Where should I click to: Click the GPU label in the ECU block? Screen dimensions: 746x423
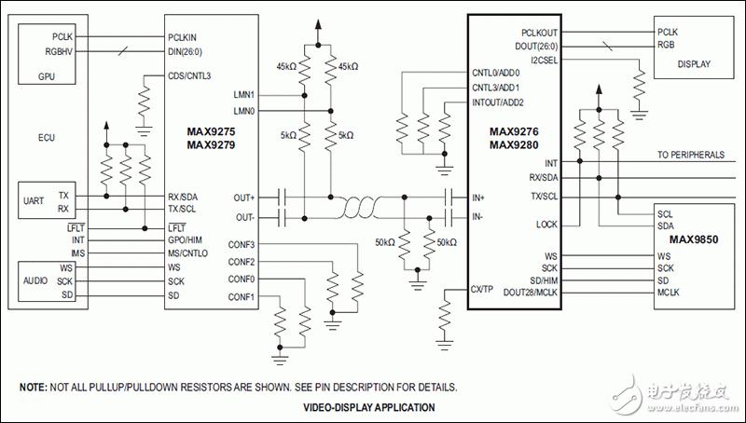click(x=46, y=76)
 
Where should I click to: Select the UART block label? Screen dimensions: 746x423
click(x=34, y=200)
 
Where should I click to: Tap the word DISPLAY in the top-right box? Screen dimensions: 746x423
click(x=694, y=63)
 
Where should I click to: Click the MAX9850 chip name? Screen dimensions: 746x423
click(x=694, y=239)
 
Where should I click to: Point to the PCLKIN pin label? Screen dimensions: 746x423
click(x=182, y=37)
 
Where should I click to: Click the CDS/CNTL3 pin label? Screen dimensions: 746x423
click(x=189, y=76)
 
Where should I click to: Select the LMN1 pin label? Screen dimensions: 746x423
click(x=244, y=95)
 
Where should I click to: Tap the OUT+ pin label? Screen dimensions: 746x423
click(x=244, y=198)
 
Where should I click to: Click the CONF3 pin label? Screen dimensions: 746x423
click(x=242, y=245)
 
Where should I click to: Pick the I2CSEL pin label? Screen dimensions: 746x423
click(x=544, y=61)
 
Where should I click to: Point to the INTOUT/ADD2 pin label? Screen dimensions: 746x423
click(x=498, y=102)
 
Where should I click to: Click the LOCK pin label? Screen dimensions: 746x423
click(x=546, y=225)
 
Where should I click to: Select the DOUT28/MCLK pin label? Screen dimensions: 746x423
click(x=531, y=293)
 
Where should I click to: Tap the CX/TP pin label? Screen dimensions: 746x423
click(x=481, y=289)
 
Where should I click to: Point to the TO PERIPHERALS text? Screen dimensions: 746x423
click(x=691, y=155)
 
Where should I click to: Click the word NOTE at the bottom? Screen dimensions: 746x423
click(x=33, y=388)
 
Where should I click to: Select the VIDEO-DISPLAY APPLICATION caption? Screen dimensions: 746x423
click(x=369, y=407)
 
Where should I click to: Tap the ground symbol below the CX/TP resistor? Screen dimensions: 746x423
click(x=445, y=345)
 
